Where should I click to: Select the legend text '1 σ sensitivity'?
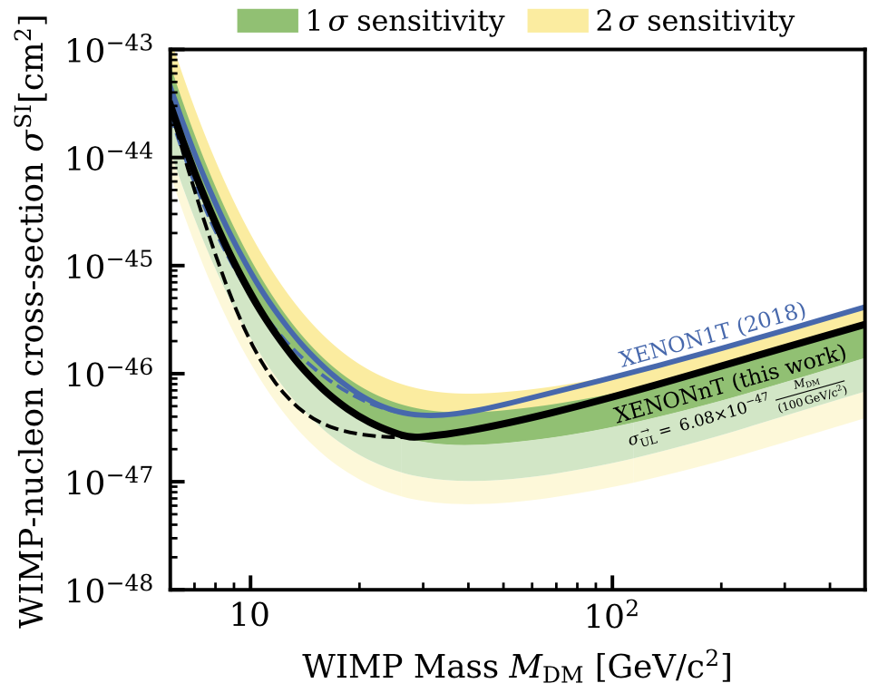tap(405, 21)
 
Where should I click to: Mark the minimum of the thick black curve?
tap(413, 436)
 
